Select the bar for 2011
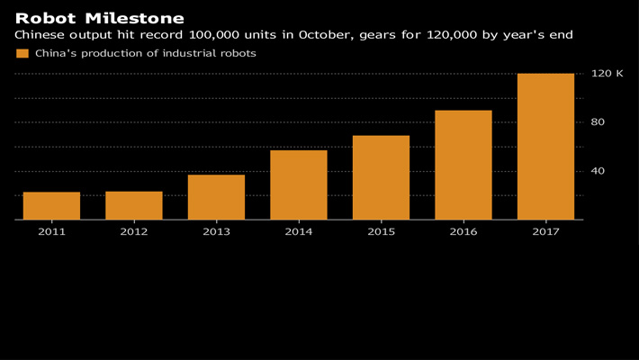pos(51,205)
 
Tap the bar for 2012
pos(134,205)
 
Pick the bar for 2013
pos(216,197)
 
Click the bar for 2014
pos(299,184)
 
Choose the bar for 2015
pos(381,177)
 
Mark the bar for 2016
pos(463,165)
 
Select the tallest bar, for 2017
pos(545,147)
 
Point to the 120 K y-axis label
pos(607,73)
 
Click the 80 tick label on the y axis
pos(598,122)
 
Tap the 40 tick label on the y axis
pos(598,171)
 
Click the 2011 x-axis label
pos(51,232)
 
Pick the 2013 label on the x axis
pos(216,232)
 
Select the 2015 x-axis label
pos(381,232)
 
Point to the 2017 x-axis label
pos(545,232)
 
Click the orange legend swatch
pos(22,54)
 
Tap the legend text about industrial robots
pos(145,54)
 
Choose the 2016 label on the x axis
pos(463,232)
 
